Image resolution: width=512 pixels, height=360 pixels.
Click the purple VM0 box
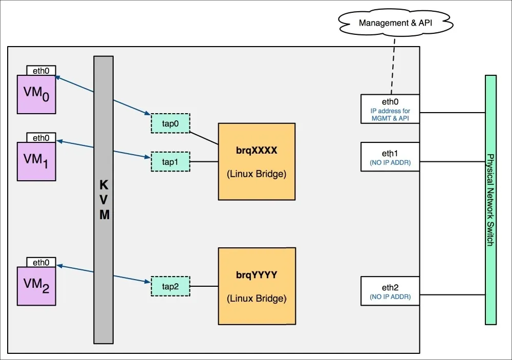click(x=36, y=94)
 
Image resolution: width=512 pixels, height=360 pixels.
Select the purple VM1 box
click(x=36, y=161)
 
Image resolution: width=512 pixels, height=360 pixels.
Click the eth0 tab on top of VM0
click(x=41, y=71)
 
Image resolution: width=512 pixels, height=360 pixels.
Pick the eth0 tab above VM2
click(x=41, y=263)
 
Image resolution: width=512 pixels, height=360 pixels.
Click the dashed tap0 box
click(x=170, y=123)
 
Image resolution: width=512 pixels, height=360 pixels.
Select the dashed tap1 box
click(x=170, y=161)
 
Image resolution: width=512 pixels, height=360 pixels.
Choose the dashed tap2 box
click(x=170, y=286)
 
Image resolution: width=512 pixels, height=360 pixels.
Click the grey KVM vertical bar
click(x=103, y=200)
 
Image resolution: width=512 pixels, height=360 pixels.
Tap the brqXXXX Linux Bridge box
click(x=256, y=161)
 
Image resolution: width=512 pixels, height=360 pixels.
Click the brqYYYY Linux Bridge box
click(x=257, y=286)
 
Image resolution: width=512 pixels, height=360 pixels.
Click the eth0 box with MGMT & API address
click(x=390, y=108)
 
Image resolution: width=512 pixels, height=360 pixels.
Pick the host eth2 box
click(x=390, y=290)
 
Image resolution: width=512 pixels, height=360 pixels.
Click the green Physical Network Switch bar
click(x=490, y=200)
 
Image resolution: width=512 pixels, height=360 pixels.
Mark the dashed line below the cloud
click(x=393, y=67)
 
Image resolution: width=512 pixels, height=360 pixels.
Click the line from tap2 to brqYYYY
click(x=204, y=286)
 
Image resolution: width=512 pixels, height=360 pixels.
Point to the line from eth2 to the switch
click(x=452, y=294)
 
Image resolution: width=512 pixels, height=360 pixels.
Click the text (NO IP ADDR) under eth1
click(x=390, y=163)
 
